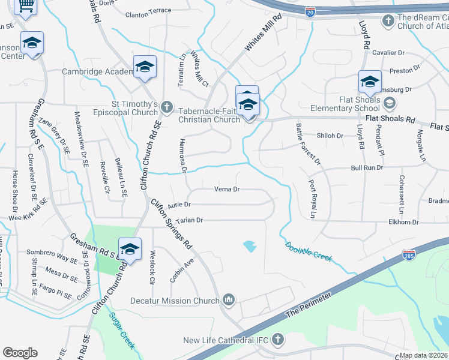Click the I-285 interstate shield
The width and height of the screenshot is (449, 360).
[x=410, y=254]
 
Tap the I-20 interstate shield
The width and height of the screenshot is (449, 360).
[x=310, y=11]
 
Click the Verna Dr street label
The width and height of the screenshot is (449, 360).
[x=227, y=189]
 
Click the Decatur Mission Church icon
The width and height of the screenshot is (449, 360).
[x=228, y=299]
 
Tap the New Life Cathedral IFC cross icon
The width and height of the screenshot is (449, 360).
[x=277, y=340]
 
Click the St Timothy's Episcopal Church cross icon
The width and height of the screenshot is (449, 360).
[x=167, y=109]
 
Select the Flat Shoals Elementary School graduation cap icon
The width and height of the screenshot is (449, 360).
[x=390, y=103]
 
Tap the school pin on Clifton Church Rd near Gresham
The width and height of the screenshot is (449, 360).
[x=130, y=250]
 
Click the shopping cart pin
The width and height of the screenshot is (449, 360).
[x=25, y=5]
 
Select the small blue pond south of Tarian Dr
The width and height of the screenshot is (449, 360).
[x=250, y=245]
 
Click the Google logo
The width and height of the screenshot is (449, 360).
[x=20, y=353]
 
